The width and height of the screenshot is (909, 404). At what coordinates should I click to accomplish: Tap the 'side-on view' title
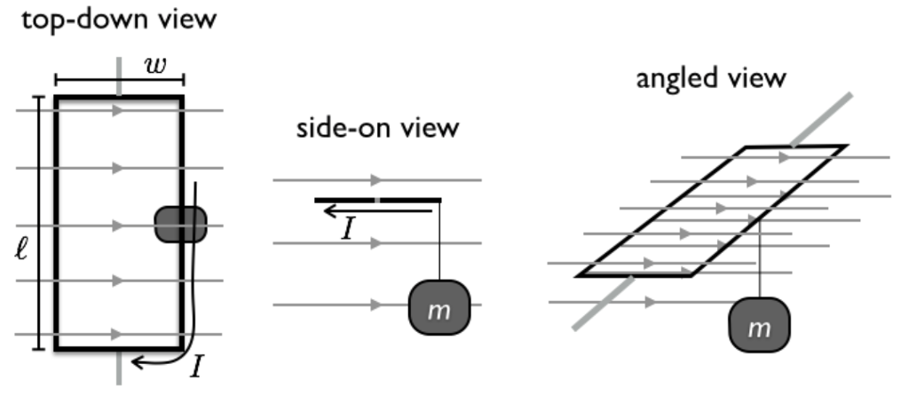pos(377,128)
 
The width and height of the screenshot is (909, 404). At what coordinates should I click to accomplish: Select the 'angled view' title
pos(711,78)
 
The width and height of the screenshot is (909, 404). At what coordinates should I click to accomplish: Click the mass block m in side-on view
pos(438,307)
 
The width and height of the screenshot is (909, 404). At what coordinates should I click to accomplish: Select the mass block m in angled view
pos(757,326)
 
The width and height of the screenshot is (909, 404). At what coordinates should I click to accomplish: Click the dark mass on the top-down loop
pos(181,224)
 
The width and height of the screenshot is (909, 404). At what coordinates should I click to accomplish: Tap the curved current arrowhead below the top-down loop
pos(136,360)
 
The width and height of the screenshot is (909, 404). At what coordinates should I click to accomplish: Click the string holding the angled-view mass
pos(761,257)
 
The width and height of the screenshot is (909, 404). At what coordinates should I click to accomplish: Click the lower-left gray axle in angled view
pos(604,302)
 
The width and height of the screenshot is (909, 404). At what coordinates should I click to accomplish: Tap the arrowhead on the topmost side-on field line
pos(377,180)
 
